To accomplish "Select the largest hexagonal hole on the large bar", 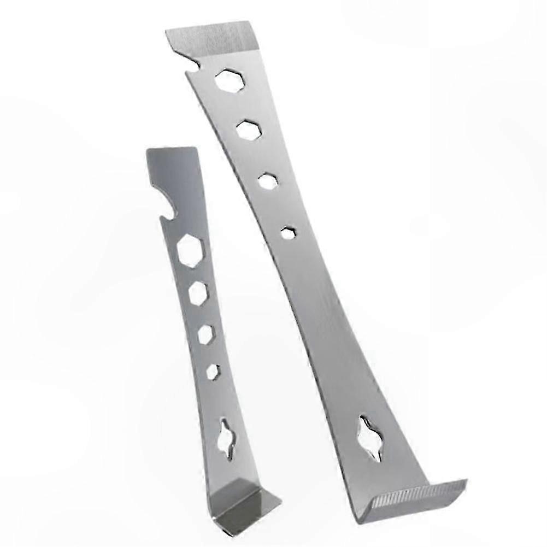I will tap(227, 80).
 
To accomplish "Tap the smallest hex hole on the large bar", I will tap(289, 232).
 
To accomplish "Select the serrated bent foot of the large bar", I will tap(418, 495).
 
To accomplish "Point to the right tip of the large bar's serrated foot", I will tap(466, 481).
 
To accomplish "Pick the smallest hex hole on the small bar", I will tap(213, 371).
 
